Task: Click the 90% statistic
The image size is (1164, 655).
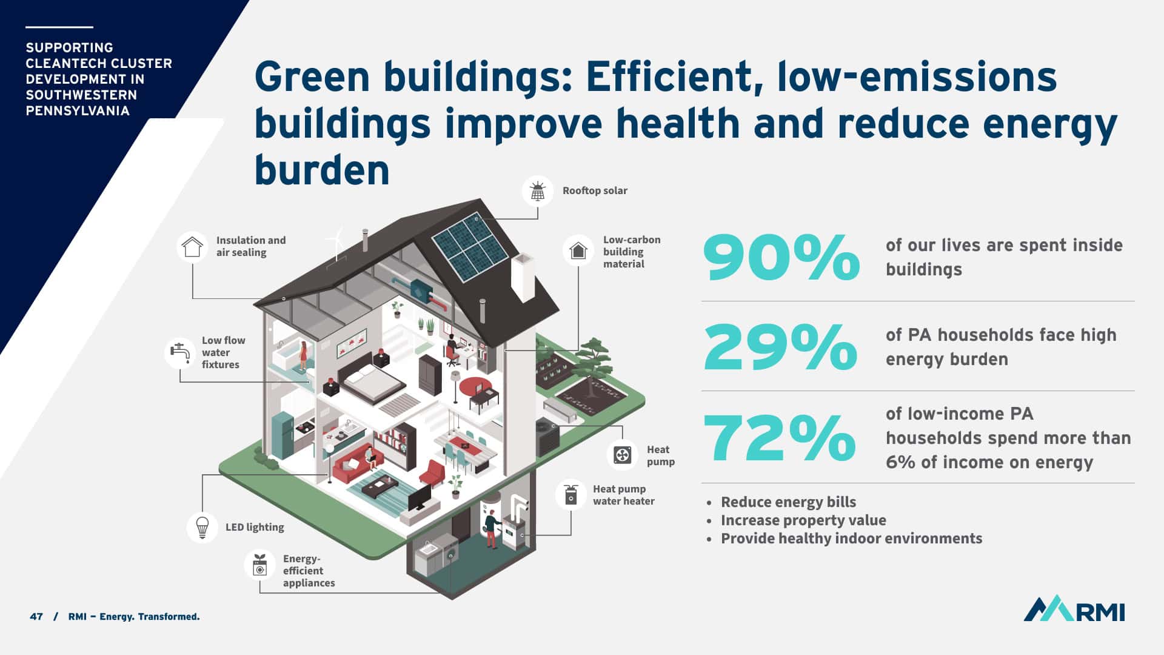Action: [781, 258]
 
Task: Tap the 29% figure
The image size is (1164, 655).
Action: [780, 347]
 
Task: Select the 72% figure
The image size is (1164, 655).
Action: [780, 437]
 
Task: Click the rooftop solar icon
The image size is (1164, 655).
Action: [538, 191]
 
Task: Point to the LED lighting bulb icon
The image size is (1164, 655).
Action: [202, 526]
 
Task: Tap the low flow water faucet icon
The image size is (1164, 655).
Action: [180, 353]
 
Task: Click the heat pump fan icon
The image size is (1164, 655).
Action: [622, 455]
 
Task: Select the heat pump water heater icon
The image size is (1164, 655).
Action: [570, 495]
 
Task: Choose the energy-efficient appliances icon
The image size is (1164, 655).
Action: [259, 565]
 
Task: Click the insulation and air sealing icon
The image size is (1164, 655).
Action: [192, 246]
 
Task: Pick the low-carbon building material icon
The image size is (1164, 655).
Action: [578, 250]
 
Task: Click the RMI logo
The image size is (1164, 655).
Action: [1074, 608]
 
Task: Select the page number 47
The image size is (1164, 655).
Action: [36, 617]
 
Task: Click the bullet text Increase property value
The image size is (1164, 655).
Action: [803, 520]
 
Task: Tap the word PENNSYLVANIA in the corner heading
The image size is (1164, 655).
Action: [78, 111]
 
